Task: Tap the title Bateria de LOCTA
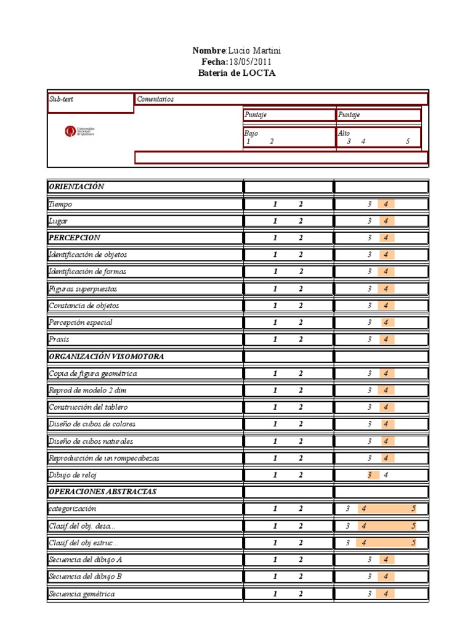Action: pyautogui.click(x=237, y=73)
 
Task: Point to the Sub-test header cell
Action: pyautogui.click(x=61, y=99)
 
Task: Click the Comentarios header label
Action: pyautogui.click(x=155, y=99)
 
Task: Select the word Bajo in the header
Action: pyautogui.click(x=251, y=133)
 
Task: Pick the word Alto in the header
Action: pyautogui.click(x=344, y=133)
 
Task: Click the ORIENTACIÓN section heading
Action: pyautogui.click(x=76, y=187)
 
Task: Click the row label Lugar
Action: pyautogui.click(x=58, y=221)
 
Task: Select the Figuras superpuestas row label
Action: pyautogui.click(x=83, y=288)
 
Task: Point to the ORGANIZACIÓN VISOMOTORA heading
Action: pyautogui.click(x=106, y=356)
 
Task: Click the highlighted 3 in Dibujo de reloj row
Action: pyautogui.click(x=370, y=474)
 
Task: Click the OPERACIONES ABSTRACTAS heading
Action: pyautogui.click(x=102, y=492)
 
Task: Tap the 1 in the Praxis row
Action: pyautogui.click(x=275, y=339)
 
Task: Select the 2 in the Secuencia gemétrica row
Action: pyautogui.click(x=301, y=594)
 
